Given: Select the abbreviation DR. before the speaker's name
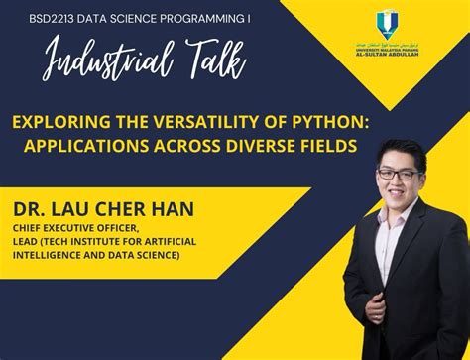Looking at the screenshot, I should (x=29, y=209).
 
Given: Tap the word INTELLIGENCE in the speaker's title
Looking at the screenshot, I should (x=48, y=255).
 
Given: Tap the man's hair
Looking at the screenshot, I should (x=395, y=149).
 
